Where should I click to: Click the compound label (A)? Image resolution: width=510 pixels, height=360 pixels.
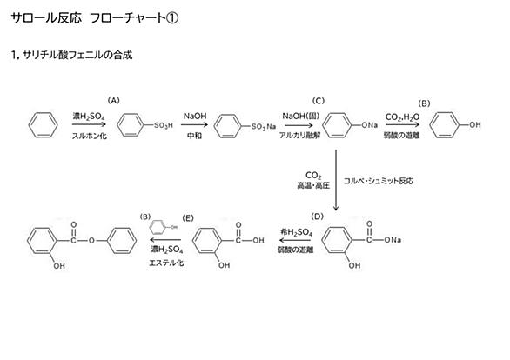pyautogui.click(x=113, y=100)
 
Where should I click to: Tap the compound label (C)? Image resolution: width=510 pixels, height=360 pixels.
pyautogui.click(x=319, y=101)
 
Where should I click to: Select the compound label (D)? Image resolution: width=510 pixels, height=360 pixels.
pyautogui.click(x=317, y=217)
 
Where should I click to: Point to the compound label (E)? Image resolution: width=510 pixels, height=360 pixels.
pyautogui.click(x=188, y=218)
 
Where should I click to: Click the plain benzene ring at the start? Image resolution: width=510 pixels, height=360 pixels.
pyautogui.click(x=44, y=124)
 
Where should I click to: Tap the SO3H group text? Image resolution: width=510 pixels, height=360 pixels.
pyautogui.click(x=164, y=125)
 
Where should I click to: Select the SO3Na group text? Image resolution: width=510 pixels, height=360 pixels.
pyautogui.click(x=264, y=126)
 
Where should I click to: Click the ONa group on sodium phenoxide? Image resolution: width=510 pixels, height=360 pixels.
pyautogui.click(x=370, y=125)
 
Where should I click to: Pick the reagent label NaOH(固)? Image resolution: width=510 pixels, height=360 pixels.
pyautogui.click(x=301, y=116)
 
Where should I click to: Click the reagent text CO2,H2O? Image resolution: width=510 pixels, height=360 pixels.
pyautogui.click(x=402, y=117)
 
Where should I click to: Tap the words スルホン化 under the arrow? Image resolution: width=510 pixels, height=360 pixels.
pyautogui.click(x=90, y=136)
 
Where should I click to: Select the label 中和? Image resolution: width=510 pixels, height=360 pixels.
pyautogui.click(x=194, y=136)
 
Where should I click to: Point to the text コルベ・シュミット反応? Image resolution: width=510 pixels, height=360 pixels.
pyautogui.click(x=379, y=181)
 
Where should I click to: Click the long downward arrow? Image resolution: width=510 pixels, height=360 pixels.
pyautogui.click(x=336, y=180)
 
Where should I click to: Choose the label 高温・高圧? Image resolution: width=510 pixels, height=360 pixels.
pyautogui.click(x=313, y=185)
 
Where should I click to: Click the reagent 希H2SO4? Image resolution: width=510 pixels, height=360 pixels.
pyautogui.click(x=296, y=232)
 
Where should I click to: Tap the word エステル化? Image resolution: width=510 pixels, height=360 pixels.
pyautogui.click(x=166, y=263)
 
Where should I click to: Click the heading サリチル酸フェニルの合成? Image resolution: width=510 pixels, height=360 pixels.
pyautogui.click(x=77, y=55)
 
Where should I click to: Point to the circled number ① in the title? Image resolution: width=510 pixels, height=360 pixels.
pyautogui.click(x=172, y=18)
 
